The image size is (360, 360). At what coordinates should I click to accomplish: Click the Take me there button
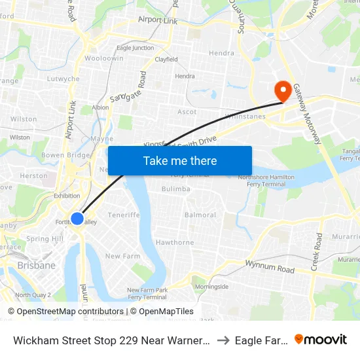[x=179, y=161]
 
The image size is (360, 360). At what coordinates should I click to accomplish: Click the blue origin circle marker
[x=77, y=219]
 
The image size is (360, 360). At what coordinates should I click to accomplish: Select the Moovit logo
[x=321, y=339]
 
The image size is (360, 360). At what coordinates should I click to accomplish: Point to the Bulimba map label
[x=176, y=189]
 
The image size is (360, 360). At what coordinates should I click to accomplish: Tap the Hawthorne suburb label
[x=175, y=242]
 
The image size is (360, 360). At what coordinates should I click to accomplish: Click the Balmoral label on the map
[x=200, y=215]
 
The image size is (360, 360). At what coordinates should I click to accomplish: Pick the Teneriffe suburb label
[x=124, y=215]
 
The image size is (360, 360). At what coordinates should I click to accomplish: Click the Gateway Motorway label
[x=307, y=115]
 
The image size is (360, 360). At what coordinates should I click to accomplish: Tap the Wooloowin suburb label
[x=103, y=58]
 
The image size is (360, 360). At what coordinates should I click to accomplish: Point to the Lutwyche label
[x=63, y=79]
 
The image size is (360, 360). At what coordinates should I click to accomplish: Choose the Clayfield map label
[x=166, y=60]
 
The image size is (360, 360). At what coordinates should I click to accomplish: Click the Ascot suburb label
[x=187, y=112]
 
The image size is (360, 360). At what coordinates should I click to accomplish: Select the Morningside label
[x=212, y=287]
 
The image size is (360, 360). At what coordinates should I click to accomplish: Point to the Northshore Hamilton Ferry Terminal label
[x=266, y=180]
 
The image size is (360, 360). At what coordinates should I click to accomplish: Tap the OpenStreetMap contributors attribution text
[x=70, y=312]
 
